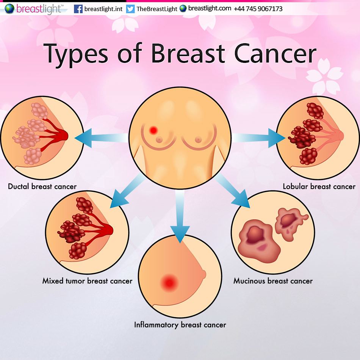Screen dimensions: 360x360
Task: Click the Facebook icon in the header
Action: [x=78, y=9]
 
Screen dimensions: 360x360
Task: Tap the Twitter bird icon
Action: [x=130, y=9]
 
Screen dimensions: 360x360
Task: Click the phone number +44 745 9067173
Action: [x=258, y=9]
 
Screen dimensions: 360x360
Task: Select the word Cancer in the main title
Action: [x=275, y=54]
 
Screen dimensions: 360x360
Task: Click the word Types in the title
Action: [x=76, y=55]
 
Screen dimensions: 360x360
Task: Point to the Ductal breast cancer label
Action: [x=42, y=186]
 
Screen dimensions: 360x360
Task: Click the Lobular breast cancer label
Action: [x=319, y=186]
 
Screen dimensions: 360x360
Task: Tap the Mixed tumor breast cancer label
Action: [x=87, y=281]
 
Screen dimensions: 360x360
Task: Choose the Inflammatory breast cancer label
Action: [x=180, y=325]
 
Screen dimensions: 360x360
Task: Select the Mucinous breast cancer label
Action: [x=273, y=281]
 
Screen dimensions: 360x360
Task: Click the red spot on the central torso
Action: [x=153, y=130]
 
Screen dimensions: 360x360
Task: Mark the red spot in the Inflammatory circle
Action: [x=169, y=283]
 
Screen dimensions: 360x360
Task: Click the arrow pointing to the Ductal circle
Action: [x=101, y=138]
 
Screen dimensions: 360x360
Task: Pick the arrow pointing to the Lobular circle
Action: [x=259, y=138]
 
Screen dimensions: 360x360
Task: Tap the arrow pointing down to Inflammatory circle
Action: [x=180, y=216]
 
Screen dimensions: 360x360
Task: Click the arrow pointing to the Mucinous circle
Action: [x=232, y=190]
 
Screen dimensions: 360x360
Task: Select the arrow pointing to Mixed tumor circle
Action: [x=128, y=190]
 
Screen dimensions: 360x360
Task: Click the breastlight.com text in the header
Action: [x=210, y=8]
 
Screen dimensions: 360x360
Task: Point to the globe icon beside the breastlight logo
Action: [x=9, y=9]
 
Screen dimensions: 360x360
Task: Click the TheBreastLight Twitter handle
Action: [x=157, y=9]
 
